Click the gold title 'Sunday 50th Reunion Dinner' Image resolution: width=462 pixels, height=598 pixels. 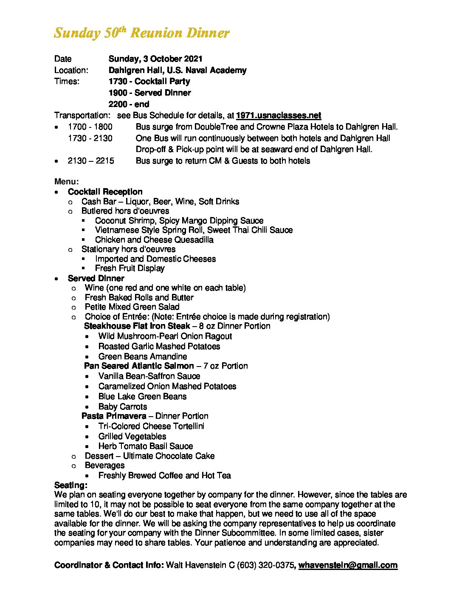[x=141, y=33]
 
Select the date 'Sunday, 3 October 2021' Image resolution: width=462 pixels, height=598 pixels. [x=155, y=59]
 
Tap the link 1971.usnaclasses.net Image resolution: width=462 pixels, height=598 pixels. [x=278, y=115]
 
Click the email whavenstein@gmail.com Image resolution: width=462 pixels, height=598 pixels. [x=348, y=565]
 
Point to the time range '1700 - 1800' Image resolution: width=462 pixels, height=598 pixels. [x=90, y=127]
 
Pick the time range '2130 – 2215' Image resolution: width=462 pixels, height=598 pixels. [x=90, y=161]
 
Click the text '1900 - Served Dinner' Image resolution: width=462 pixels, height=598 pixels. [x=149, y=93]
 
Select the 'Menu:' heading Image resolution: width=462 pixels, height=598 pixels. [x=66, y=181]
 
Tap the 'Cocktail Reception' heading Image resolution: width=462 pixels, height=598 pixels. [x=105, y=192]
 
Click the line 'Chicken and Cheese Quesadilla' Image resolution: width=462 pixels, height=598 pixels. [x=154, y=240]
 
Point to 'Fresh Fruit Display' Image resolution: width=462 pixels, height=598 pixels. [x=130, y=268]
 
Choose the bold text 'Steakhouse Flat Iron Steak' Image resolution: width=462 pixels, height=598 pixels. [x=137, y=326]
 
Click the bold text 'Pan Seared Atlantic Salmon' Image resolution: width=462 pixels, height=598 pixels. [x=139, y=366]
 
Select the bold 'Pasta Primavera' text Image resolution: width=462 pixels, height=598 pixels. [x=114, y=416]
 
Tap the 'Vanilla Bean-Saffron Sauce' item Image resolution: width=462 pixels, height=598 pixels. [x=149, y=376]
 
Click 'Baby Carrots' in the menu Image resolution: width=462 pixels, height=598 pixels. [x=123, y=406]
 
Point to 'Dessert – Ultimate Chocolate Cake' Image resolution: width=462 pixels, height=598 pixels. [x=149, y=456]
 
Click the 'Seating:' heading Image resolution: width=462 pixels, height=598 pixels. [x=71, y=485]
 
